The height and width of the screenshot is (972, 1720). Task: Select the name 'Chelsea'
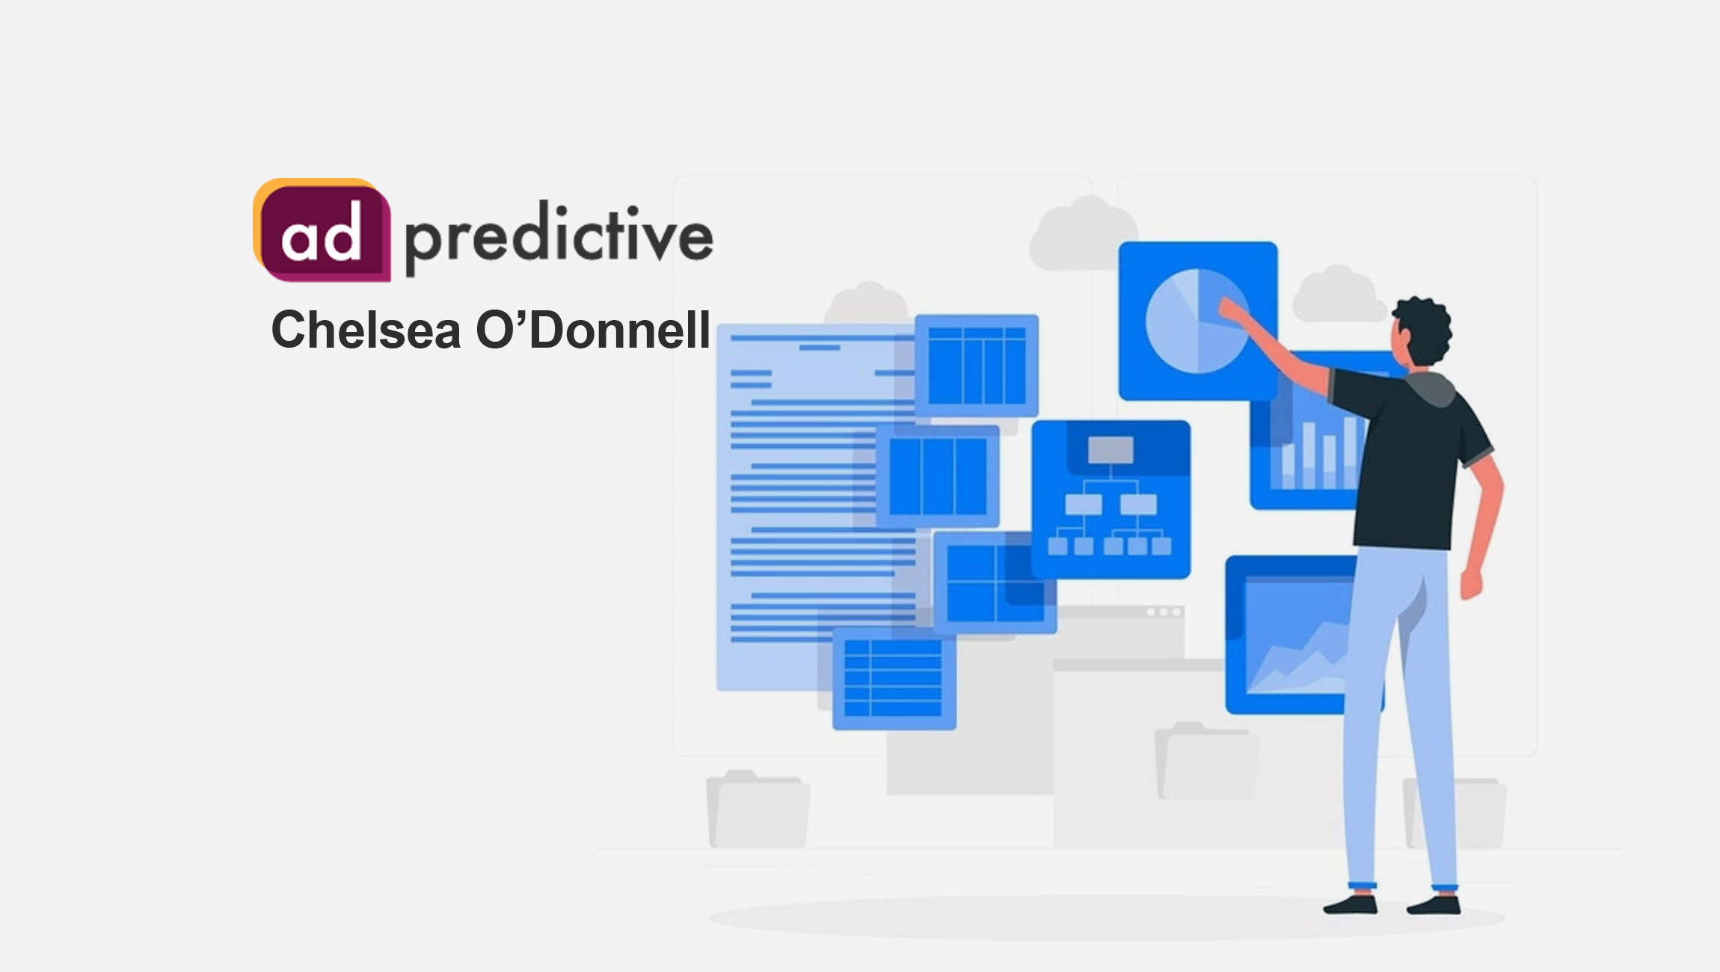[x=366, y=330]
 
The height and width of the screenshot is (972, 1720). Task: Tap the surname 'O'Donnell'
[x=593, y=330]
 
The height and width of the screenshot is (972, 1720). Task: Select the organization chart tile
[x=1111, y=499]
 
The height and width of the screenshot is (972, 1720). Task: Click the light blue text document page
[x=800, y=508]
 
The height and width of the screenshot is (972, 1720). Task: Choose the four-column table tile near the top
[x=976, y=365]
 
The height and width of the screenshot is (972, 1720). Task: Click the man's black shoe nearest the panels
[x=1352, y=905]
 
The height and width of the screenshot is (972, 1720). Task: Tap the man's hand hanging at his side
[x=1471, y=583]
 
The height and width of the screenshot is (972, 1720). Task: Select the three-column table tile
[x=937, y=476]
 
